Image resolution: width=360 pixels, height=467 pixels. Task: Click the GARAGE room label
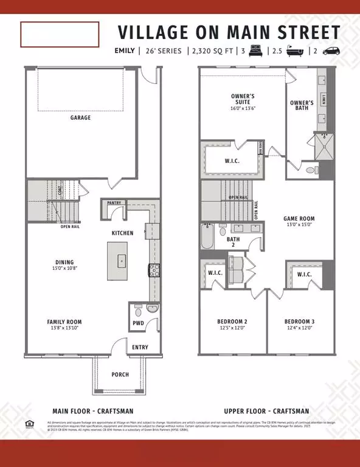[x=80, y=117]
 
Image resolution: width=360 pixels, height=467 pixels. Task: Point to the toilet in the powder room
[x=138, y=308]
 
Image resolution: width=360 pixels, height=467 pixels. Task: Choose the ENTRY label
[x=140, y=347]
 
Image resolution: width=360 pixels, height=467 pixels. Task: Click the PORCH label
[x=120, y=374]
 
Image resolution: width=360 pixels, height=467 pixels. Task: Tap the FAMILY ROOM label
[x=65, y=322]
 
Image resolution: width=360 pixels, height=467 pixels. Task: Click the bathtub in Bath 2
[x=206, y=239]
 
